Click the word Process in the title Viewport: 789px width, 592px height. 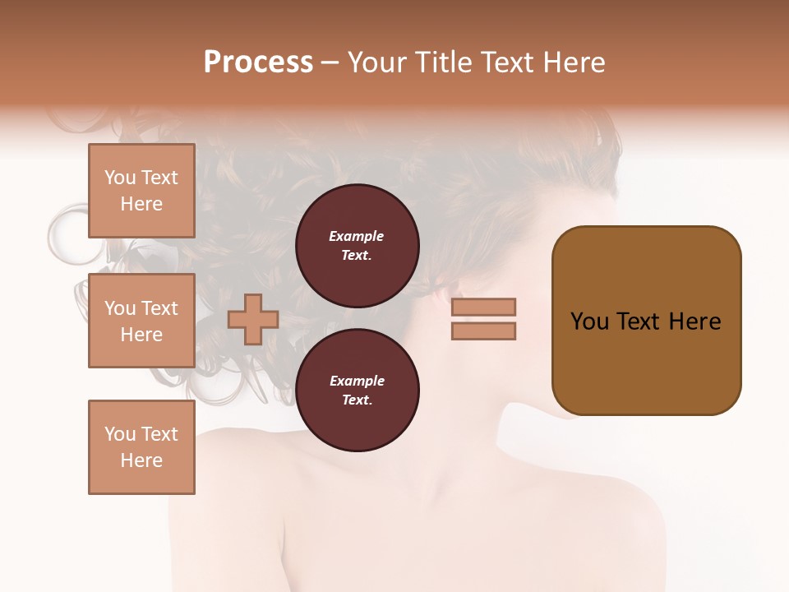258,62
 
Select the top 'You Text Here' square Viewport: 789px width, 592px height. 141,191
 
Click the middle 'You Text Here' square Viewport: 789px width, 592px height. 141,321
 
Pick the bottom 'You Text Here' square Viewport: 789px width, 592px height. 141,447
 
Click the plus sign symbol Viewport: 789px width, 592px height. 253,319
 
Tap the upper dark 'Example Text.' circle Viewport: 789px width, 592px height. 357,246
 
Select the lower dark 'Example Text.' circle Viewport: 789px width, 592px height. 357,391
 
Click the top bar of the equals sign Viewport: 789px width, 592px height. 484,307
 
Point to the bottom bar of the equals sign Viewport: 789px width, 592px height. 484,331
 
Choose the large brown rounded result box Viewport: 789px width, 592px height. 646,321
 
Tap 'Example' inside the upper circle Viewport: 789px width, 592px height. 357,236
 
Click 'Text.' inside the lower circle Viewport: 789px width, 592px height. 357,400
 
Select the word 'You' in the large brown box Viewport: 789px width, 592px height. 590,321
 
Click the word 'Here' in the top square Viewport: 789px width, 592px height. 141,204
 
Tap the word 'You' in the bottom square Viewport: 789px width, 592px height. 120,434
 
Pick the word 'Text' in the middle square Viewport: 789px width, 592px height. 159,308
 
